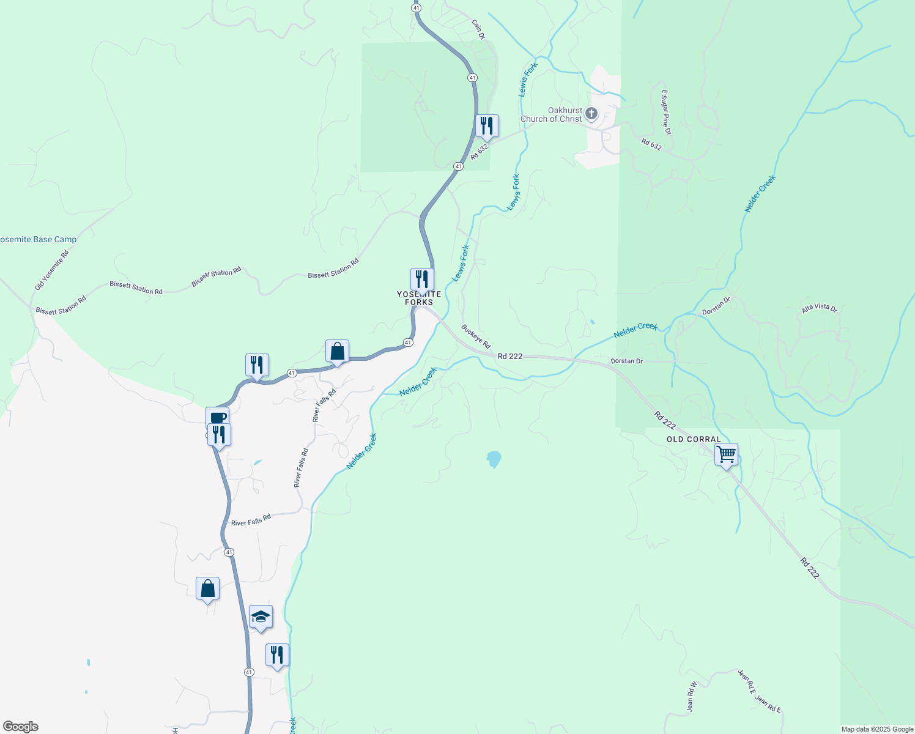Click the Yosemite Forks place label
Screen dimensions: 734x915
click(419, 298)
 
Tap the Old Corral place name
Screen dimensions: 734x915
click(694, 439)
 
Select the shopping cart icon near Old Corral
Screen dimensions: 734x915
click(726, 454)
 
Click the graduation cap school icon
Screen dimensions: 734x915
click(261, 617)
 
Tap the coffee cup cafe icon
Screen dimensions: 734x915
click(218, 418)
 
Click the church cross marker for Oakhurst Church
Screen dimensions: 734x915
click(591, 113)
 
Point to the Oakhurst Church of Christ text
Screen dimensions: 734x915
click(551, 115)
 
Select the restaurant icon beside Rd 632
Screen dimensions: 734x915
click(487, 126)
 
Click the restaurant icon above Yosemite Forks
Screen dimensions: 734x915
click(422, 280)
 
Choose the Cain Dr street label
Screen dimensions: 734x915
click(478, 29)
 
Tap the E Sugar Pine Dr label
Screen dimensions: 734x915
click(666, 113)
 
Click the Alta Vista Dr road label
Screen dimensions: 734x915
click(819, 308)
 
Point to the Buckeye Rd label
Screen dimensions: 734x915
click(476, 336)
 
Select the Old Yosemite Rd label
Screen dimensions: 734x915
click(51, 270)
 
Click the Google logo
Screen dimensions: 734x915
click(21, 727)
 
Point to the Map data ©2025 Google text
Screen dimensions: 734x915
click(877, 729)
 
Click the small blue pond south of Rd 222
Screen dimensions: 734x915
click(494, 459)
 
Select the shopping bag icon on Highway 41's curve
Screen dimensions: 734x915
click(337, 352)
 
